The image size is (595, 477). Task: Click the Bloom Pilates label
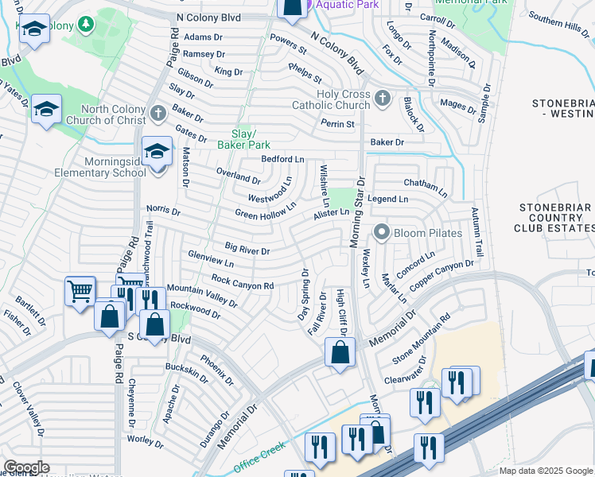click(x=430, y=233)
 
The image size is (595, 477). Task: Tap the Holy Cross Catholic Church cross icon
click(x=383, y=98)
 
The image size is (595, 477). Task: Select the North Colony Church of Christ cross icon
click(x=157, y=111)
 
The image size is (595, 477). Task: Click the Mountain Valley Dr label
click(x=202, y=295)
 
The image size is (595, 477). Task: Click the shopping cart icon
click(x=80, y=292)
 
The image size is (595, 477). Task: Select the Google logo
click(x=26, y=467)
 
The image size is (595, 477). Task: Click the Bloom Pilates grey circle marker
click(x=382, y=233)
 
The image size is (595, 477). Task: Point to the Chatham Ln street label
click(x=426, y=186)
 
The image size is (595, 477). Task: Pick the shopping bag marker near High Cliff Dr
click(x=340, y=351)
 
